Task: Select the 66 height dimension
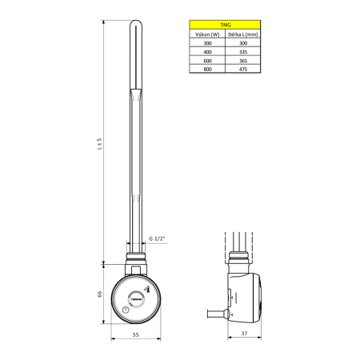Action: pos(99,294)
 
